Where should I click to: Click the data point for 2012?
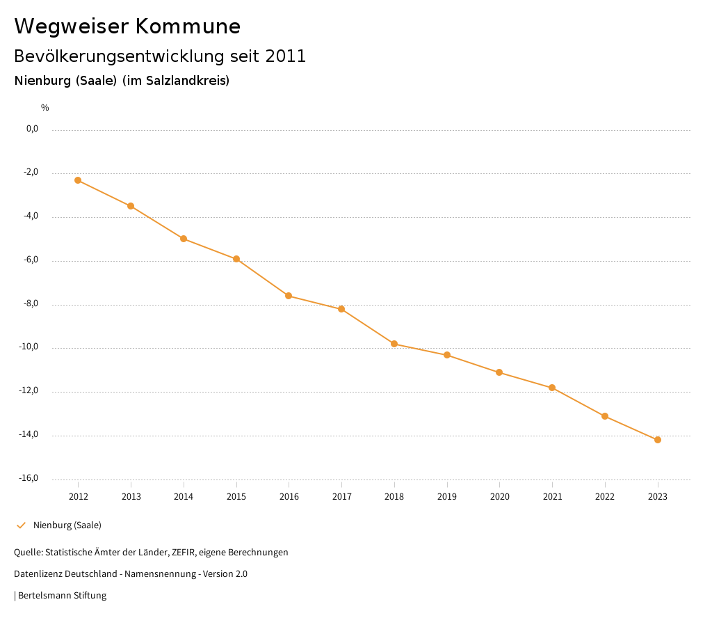pos(78,180)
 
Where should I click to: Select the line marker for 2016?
pos(289,296)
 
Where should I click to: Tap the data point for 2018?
pos(394,344)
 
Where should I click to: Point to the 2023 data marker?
pos(658,440)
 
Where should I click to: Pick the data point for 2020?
pos(499,372)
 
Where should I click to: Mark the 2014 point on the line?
pos(184,239)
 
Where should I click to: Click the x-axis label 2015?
pos(236,496)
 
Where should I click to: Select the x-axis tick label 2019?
pos(447,496)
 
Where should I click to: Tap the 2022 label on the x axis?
pos(605,496)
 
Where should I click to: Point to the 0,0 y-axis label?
pos(32,129)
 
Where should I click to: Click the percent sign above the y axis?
pos(45,108)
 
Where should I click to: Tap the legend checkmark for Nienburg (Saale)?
pos(21,525)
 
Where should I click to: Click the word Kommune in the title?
pos(188,26)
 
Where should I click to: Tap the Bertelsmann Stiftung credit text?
pos(62,596)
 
